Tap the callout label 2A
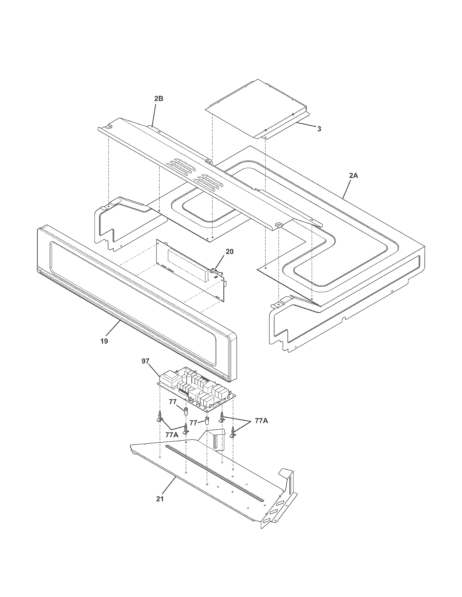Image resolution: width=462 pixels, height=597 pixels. point(353,176)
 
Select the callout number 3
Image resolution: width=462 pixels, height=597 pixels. point(319,129)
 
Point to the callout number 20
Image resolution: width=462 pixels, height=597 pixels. point(230,252)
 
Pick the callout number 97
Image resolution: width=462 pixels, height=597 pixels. point(145,361)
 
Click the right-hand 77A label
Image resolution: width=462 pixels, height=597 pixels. point(261,421)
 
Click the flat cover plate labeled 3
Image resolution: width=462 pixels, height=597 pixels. point(255,109)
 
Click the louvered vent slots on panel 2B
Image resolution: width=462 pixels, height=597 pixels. point(192,175)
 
